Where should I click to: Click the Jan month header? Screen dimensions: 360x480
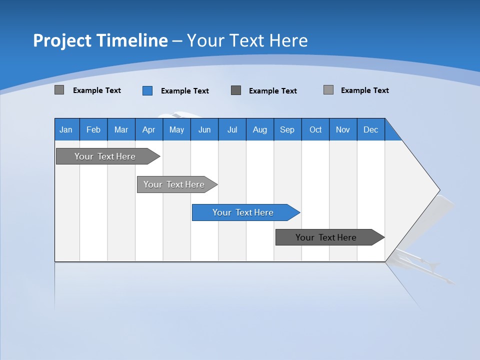[66, 129]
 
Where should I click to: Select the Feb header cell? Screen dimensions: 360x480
[93, 129]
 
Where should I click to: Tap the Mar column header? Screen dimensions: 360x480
[121, 129]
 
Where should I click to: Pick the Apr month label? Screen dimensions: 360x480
[149, 129]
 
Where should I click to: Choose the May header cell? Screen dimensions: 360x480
[176, 129]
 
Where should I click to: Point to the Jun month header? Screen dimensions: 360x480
[204, 129]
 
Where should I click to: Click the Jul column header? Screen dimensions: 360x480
[232, 129]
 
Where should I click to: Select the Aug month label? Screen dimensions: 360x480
[260, 129]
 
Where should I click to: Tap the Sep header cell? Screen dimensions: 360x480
[287, 129]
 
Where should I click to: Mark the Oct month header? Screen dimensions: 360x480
[315, 129]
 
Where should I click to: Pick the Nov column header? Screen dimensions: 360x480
[343, 129]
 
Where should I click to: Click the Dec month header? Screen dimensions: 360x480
[371, 129]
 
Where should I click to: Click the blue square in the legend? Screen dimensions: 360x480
[147, 90]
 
